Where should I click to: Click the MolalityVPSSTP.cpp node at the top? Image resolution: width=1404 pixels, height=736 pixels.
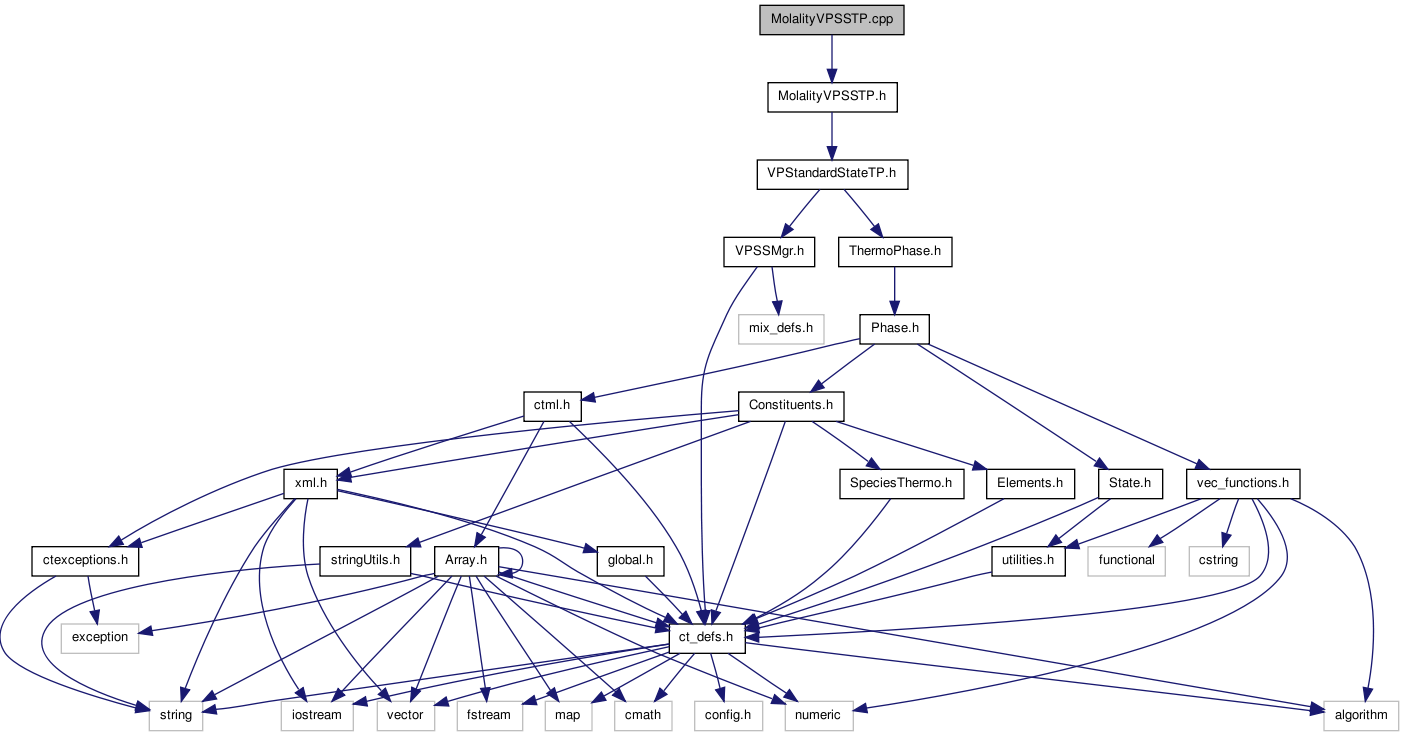click(x=831, y=20)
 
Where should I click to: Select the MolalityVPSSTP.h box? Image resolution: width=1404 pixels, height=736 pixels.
click(x=831, y=97)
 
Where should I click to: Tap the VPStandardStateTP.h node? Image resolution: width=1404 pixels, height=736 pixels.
click(x=831, y=174)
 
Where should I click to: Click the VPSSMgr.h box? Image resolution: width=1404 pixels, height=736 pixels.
click(x=764, y=251)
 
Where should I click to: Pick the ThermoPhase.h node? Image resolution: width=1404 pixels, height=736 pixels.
click(x=894, y=251)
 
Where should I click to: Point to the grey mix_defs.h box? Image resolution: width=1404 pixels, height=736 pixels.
click(x=780, y=328)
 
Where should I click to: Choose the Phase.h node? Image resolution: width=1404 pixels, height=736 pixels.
click(x=894, y=328)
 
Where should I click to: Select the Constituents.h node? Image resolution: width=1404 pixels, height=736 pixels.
click(x=790, y=406)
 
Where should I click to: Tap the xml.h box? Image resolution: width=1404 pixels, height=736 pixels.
click(x=311, y=484)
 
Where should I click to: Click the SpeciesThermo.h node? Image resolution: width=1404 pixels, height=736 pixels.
click(x=901, y=484)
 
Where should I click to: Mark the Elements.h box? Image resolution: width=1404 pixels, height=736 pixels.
click(x=1030, y=484)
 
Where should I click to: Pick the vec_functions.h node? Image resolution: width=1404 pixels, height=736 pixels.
click(x=1242, y=484)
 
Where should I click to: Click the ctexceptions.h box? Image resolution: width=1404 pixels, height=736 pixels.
click(x=85, y=561)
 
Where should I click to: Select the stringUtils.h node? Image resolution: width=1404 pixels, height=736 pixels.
click(x=365, y=561)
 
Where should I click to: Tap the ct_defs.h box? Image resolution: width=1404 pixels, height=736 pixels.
click(x=706, y=637)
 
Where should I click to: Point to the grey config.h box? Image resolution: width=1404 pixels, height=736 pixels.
click(x=727, y=715)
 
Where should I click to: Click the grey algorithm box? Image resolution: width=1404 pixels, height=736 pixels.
click(x=1360, y=715)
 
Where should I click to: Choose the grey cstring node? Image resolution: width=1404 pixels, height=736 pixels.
click(x=1213, y=561)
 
